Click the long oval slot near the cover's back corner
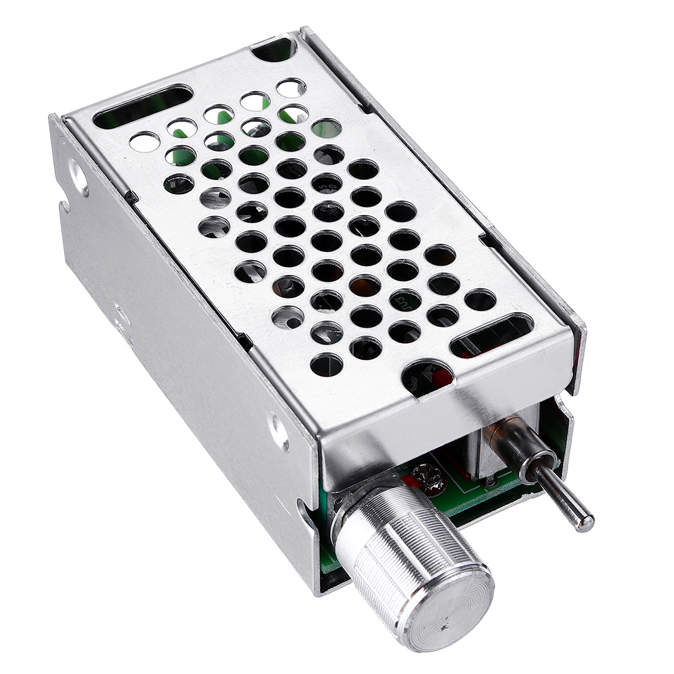tap(142, 106)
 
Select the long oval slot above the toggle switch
tap(491, 335)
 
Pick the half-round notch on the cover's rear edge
tap(276, 49)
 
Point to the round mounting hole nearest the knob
tap(278, 430)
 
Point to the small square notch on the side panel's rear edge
tap(64, 206)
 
